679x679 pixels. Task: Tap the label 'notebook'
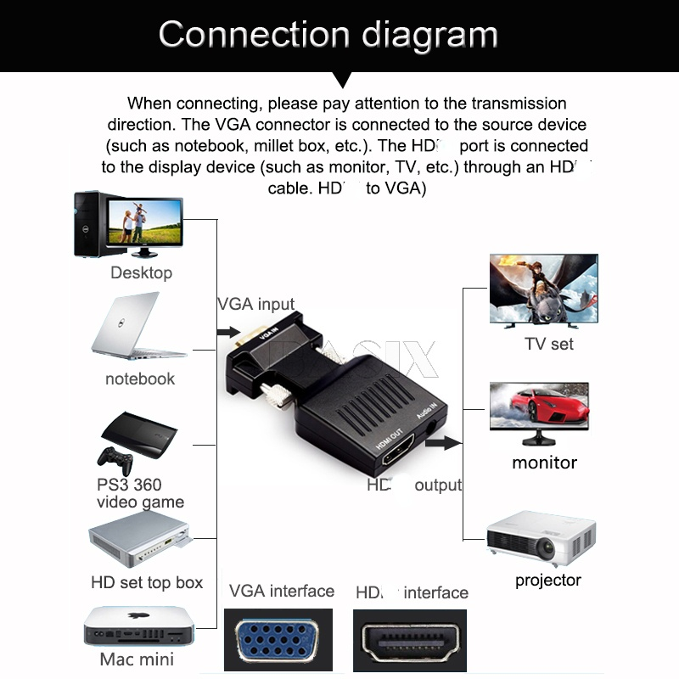(140, 379)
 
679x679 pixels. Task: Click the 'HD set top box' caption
(147, 582)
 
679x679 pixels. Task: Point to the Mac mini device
(136, 628)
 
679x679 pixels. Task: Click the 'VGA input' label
(256, 304)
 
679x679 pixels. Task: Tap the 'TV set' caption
(549, 344)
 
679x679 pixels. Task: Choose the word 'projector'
(548, 581)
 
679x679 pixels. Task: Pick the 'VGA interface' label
(282, 591)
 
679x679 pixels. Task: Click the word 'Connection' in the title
(254, 35)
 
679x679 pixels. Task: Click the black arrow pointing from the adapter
(444, 443)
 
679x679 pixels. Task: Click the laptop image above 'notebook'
(136, 327)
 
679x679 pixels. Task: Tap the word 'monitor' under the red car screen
(544, 463)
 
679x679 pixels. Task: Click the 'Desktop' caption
(141, 272)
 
